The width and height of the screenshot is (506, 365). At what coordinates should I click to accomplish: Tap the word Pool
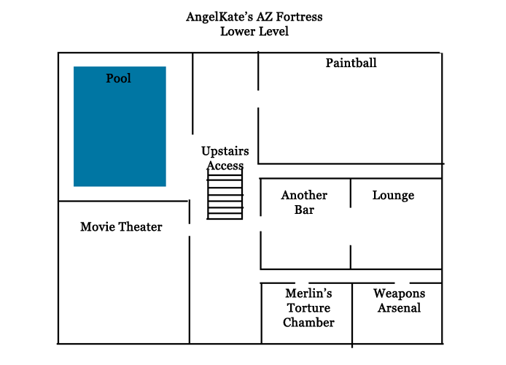tap(119, 78)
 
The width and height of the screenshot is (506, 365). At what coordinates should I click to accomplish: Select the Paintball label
tap(351, 63)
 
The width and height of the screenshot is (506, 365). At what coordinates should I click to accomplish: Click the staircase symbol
tap(225, 194)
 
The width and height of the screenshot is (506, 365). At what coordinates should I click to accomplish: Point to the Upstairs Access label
tap(225, 158)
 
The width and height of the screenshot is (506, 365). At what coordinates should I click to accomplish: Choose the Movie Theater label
tap(121, 227)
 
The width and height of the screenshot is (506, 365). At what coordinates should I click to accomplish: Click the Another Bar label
tap(304, 202)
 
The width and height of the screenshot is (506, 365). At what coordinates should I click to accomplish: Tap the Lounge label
tap(393, 195)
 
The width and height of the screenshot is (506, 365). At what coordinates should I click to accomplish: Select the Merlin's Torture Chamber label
tap(308, 307)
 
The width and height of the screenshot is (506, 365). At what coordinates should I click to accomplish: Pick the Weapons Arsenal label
tap(399, 300)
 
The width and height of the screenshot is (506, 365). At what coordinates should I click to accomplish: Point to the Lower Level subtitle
tap(254, 31)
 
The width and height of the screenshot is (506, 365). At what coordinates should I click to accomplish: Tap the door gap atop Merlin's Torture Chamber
tap(302, 283)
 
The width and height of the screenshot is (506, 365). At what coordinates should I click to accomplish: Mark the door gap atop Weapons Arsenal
tap(400, 283)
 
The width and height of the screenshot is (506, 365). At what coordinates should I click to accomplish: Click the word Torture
tap(308, 308)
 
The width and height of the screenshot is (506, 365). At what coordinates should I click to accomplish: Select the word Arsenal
tap(399, 307)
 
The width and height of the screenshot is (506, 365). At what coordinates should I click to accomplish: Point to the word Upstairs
tap(225, 152)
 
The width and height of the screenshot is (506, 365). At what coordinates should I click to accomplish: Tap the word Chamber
tap(308, 322)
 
